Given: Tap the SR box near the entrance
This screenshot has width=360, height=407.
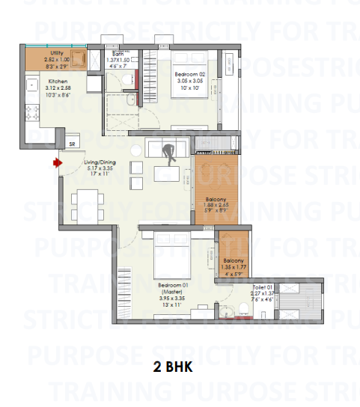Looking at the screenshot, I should tap(73, 144).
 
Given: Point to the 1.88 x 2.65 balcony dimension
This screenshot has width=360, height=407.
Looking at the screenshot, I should tap(216, 206).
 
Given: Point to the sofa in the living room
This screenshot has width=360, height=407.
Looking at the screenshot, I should tap(161, 144).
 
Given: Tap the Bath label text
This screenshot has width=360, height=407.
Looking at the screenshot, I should tap(118, 54).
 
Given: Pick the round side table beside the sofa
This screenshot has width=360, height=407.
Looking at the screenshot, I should tap(135, 166).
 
